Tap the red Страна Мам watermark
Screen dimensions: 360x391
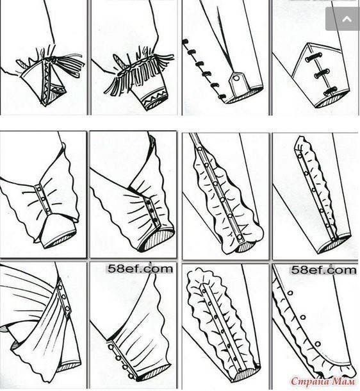coord(323,381)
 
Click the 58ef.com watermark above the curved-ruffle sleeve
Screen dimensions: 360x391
coord(323,270)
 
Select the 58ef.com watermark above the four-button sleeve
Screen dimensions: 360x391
coord(140,269)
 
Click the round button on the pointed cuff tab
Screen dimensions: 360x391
coord(236,79)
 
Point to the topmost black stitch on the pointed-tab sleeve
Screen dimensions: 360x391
coord(185,42)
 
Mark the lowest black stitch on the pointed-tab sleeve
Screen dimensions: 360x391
coord(221,97)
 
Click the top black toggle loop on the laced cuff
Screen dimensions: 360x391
coord(313,58)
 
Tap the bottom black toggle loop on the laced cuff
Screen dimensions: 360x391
coord(330,91)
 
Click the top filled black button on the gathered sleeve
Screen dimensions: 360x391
coord(149,203)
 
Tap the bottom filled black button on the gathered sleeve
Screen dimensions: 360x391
coord(156,220)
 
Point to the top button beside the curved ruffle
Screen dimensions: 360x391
coord(290,292)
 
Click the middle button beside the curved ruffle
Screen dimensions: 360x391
coord(303,317)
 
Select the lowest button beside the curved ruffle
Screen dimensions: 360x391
coord(318,344)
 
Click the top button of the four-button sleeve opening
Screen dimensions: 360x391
coord(111,347)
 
